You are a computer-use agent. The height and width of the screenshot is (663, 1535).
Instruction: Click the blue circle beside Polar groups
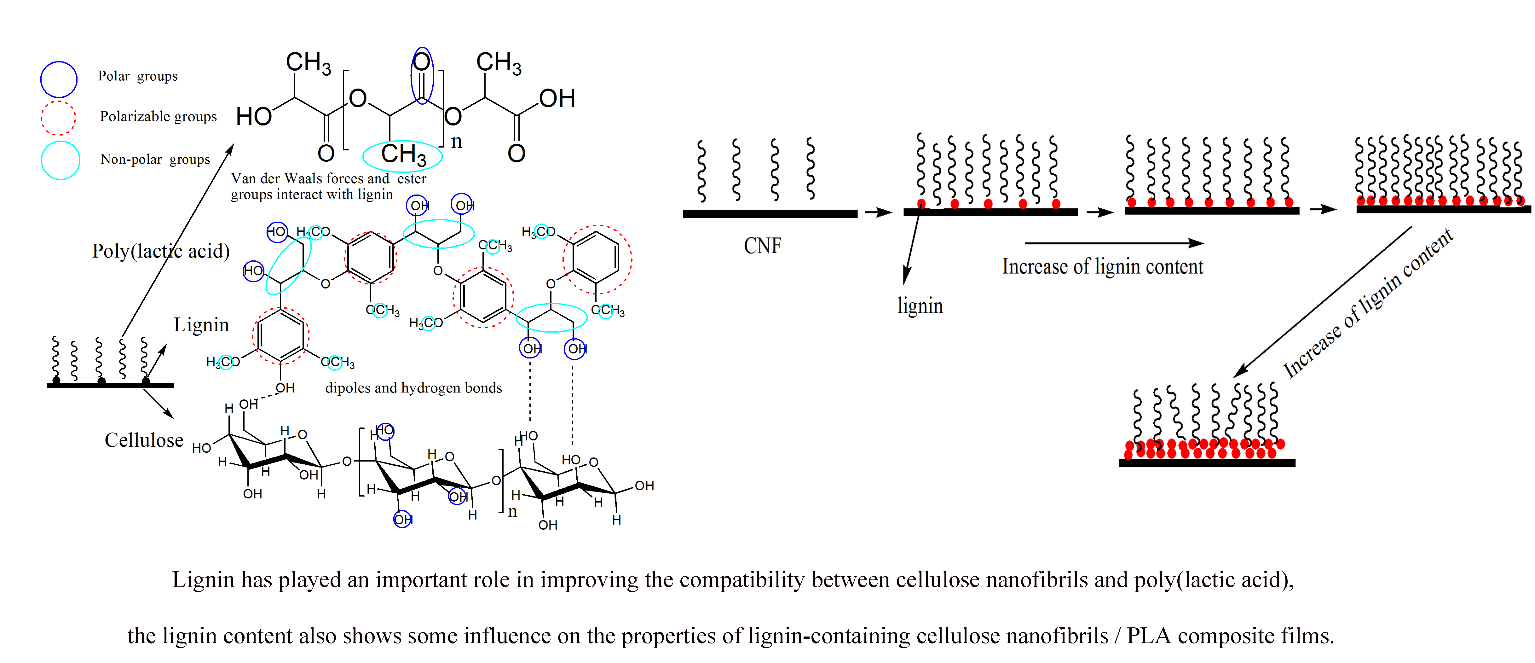(x=58, y=79)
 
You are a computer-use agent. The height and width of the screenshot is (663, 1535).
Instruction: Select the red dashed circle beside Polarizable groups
(x=58, y=118)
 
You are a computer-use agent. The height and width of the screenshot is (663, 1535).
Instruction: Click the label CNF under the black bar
(x=762, y=246)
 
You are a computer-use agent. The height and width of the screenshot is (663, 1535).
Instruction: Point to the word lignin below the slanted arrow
(x=920, y=306)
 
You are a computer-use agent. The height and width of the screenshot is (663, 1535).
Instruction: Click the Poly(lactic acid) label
(x=161, y=251)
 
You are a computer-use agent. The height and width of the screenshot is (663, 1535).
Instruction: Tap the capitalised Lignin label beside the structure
(x=201, y=325)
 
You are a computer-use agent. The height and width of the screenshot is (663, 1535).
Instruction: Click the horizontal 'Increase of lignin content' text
(x=1102, y=266)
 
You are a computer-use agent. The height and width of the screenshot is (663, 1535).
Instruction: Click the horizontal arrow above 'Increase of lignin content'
(x=1114, y=243)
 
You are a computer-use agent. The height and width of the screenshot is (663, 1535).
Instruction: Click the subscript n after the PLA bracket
(x=456, y=142)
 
